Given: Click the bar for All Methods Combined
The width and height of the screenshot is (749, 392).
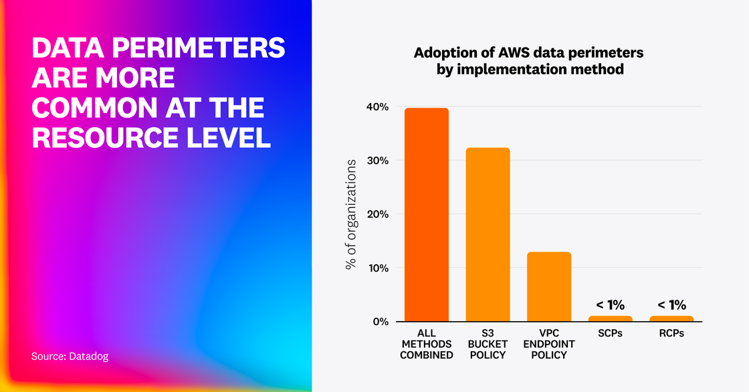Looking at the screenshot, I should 427,214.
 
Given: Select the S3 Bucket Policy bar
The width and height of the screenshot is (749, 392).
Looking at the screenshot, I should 488,234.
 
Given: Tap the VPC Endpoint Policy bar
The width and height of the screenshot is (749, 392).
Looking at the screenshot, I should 549,286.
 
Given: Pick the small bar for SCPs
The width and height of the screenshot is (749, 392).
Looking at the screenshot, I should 610,318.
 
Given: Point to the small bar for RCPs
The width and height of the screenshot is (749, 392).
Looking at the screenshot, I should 671,318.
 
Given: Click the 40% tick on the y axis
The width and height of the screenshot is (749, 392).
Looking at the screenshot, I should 377,107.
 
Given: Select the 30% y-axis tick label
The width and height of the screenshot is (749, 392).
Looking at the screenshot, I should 377,161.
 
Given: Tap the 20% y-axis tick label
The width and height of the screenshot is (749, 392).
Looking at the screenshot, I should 377,214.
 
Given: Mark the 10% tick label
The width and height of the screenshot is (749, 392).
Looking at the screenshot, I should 377,268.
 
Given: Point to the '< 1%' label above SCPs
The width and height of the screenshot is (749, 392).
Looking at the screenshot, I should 610,305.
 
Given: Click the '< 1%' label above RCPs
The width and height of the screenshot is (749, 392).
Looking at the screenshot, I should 671,305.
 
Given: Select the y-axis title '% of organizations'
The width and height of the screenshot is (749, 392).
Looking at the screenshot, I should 351,214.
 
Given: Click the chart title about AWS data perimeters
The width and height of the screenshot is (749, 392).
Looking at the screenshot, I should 528,60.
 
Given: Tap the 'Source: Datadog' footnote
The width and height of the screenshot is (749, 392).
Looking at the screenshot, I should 70,357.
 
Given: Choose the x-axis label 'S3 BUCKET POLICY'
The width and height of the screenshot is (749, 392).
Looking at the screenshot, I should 488,344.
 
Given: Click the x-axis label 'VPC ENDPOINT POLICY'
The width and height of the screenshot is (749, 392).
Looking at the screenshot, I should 549,344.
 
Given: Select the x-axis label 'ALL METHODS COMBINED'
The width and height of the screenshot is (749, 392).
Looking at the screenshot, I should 427,344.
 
